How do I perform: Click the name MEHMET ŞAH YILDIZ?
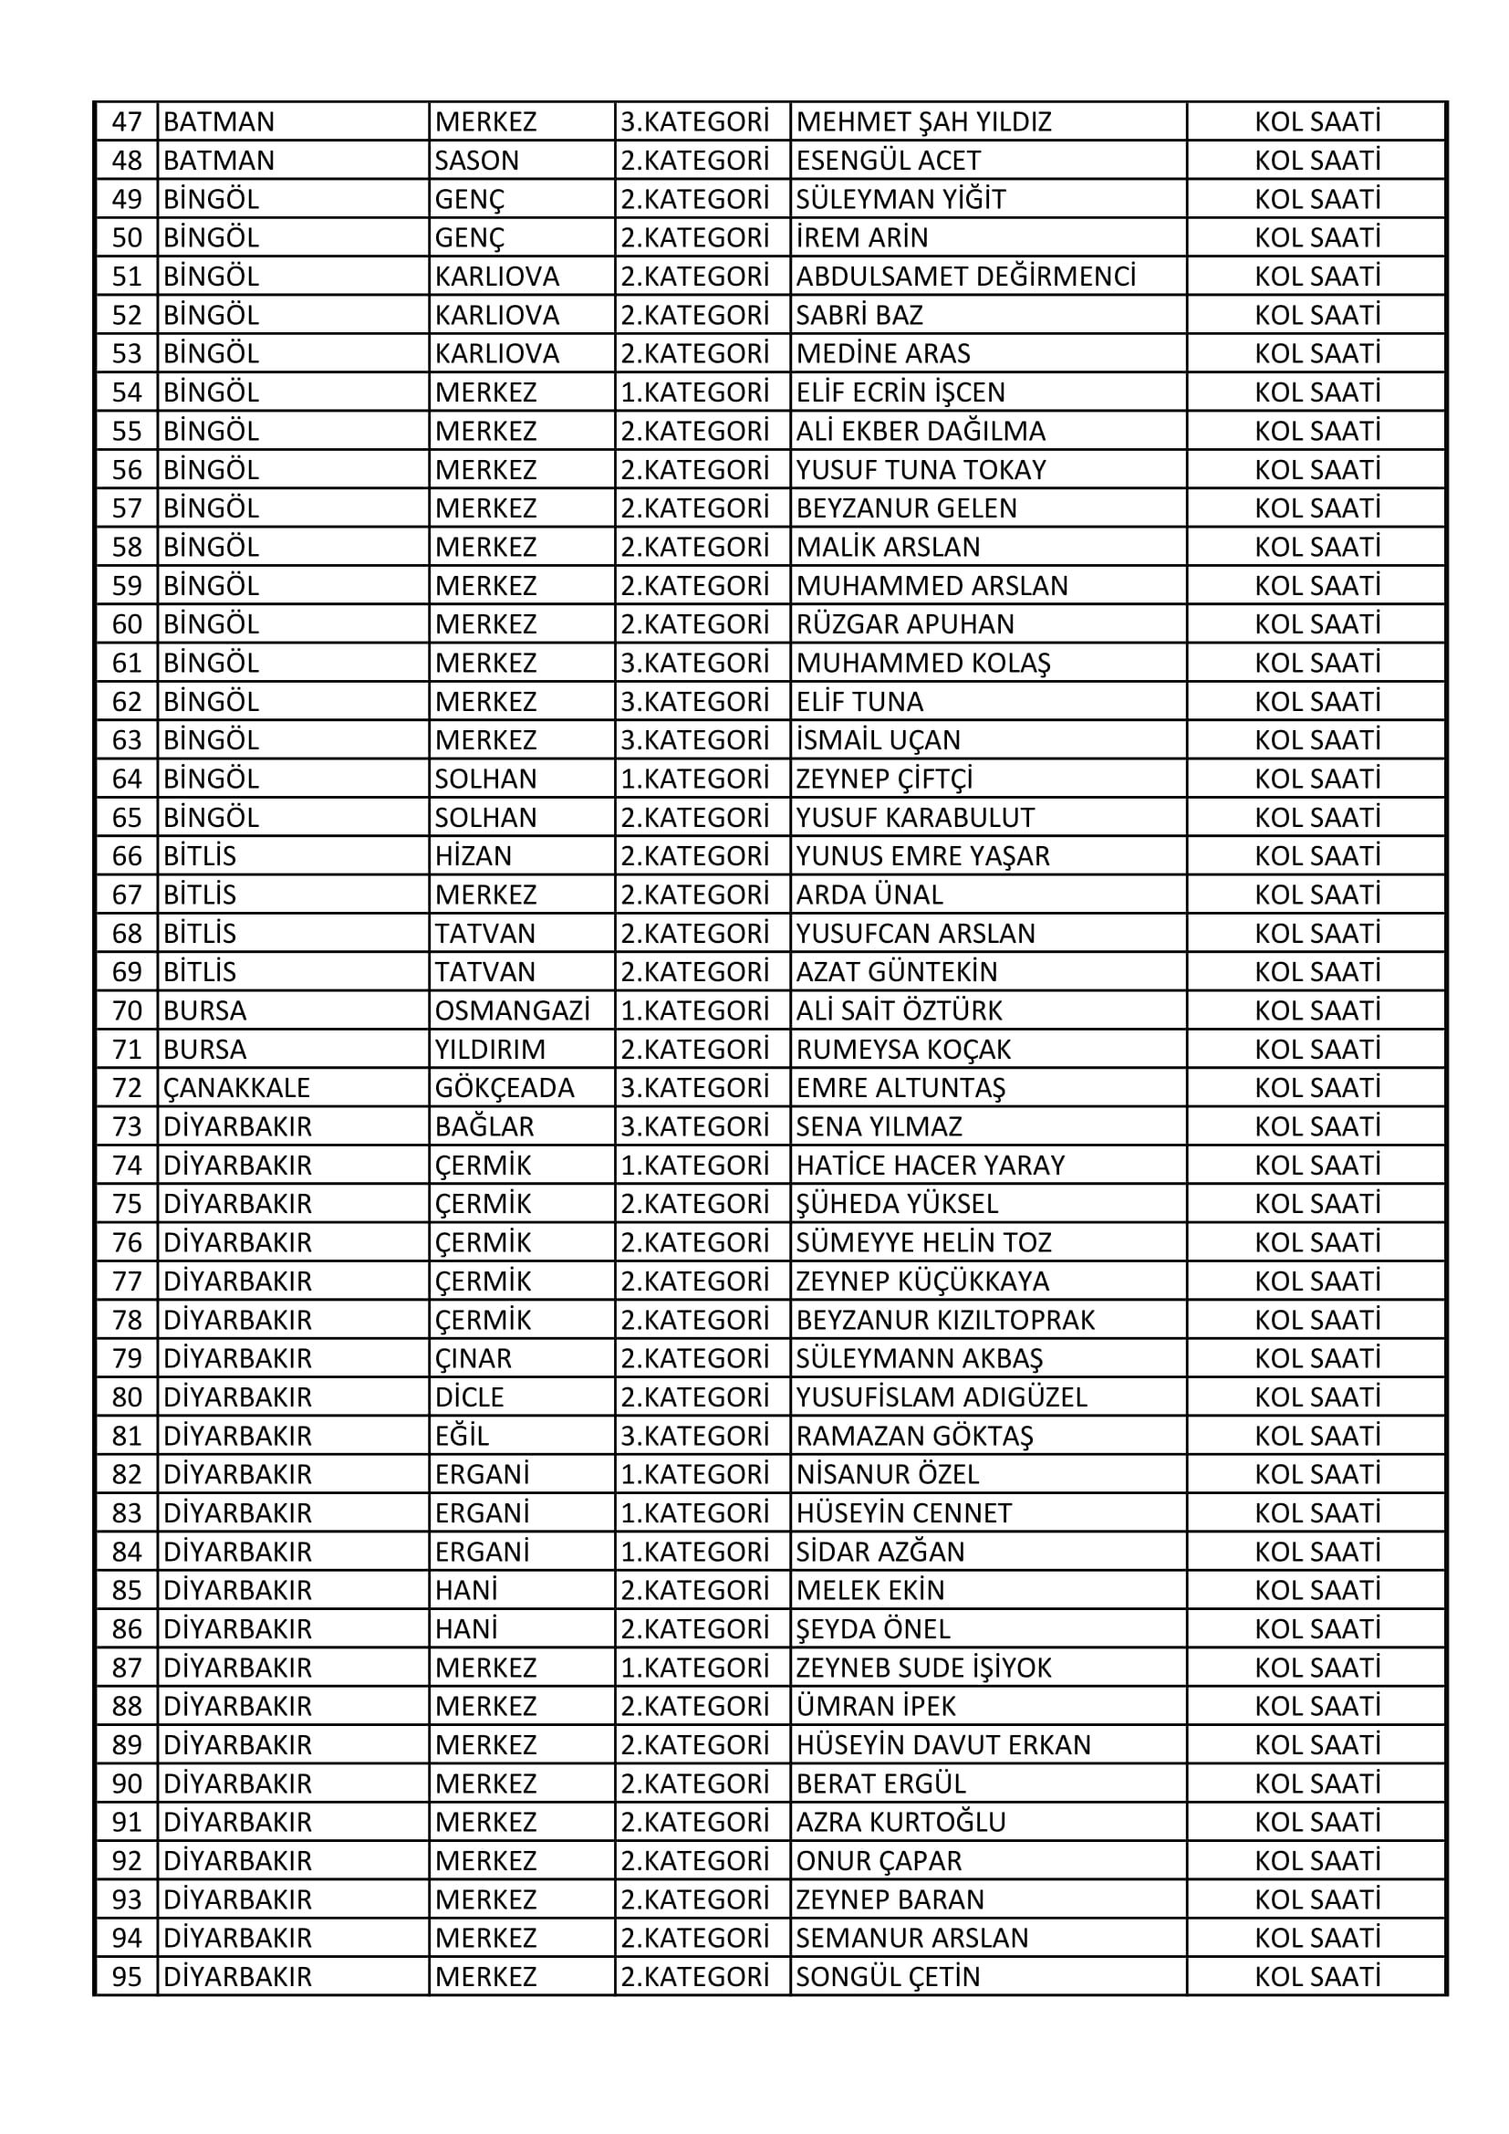pos(923,121)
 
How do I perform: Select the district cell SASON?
pos(476,161)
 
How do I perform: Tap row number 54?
pos(128,392)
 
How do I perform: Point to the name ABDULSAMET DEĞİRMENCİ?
pos(965,277)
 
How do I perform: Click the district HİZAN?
pos(473,856)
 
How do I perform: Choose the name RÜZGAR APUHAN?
pos(905,624)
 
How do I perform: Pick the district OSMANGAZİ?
pos(512,1010)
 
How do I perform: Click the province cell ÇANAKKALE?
pos(236,1088)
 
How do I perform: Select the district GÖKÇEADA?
pos(505,1088)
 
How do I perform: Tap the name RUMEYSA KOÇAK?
pos(903,1050)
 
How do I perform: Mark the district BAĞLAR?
pos(484,1126)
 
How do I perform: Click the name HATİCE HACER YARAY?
pos(930,1166)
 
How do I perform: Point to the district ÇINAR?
pos(473,1359)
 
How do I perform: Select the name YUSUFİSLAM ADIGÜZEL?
pos(942,1397)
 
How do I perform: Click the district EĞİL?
pos(462,1436)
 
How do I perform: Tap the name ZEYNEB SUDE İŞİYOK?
pos(923,1668)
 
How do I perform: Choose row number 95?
pos(128,1977)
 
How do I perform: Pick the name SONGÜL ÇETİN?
pos(888,1977)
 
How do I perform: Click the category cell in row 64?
pos(695,779)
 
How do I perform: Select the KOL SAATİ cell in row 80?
pos(1316,1397)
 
